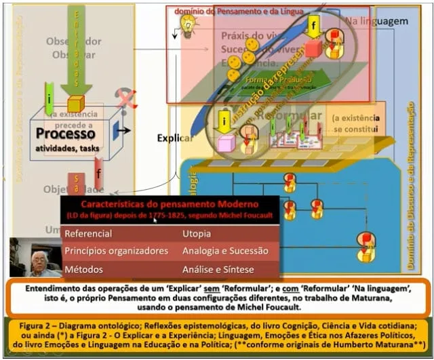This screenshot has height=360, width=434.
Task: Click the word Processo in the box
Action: [x=66, y=134]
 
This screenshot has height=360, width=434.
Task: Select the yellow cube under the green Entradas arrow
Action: [x=75, y=104]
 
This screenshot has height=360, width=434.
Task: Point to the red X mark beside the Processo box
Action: [x=125, y=99]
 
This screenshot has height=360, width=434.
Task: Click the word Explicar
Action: [x=176, y=138]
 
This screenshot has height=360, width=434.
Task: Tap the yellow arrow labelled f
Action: [x=313, y=28]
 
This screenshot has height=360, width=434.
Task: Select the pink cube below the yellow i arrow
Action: [x=226, y=143]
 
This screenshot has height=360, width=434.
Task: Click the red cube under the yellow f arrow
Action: [x=313, y=49]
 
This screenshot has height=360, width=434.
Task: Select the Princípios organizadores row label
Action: [x=116, y=251]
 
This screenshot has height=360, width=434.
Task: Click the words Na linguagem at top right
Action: [x=376, y=21]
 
